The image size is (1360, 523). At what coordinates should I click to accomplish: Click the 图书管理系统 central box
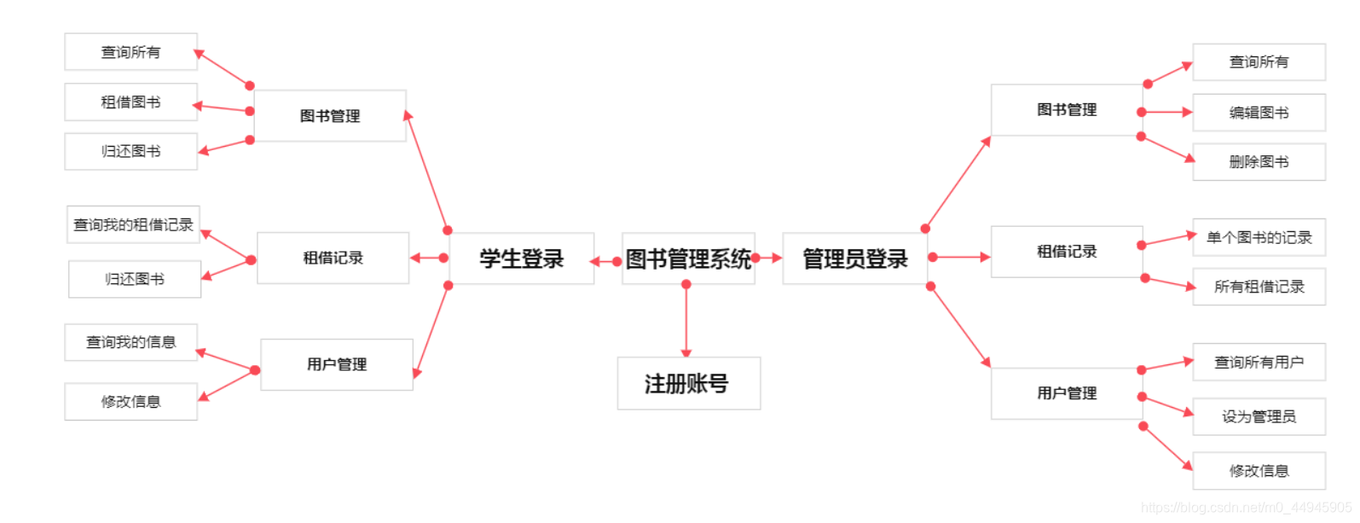coord(688,259)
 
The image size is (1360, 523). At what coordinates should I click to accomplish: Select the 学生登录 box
coord(521,259)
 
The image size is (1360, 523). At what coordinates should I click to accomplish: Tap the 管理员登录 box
coord(854,259)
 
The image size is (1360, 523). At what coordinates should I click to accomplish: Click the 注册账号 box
coord(688,384)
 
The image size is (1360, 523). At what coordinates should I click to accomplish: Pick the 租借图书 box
coord(130,102)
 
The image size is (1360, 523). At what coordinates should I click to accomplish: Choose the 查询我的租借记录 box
coord(133,224)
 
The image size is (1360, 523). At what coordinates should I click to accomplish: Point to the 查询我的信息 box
coord(130,342)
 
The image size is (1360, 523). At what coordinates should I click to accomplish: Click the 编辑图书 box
coord(1259,113)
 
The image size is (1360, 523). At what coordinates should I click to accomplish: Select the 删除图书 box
coord(1259,162)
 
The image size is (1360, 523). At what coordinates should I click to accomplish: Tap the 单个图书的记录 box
coord(1259,237)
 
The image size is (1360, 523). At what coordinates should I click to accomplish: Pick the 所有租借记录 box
coord(1259,287)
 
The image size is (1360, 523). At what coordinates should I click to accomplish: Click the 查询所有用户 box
coord(1259,363)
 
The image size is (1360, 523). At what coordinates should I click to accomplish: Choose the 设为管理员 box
coord(1259,416)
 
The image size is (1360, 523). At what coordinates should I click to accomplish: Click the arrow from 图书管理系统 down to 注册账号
coord(686,320)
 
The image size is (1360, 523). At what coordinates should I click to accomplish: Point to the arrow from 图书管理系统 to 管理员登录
coord(767,258)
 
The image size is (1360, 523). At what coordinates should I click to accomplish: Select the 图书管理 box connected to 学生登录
coord(330,116)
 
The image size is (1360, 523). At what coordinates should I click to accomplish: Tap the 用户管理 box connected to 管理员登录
coord(1067,393)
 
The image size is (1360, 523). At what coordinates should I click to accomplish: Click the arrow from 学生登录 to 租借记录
coord(429,258)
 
